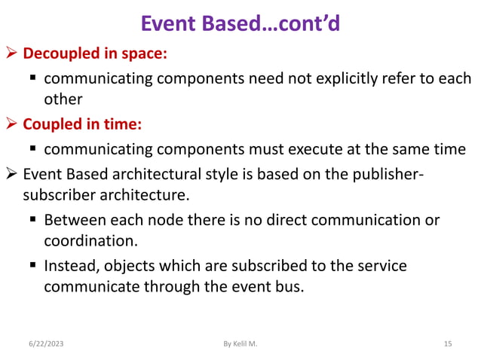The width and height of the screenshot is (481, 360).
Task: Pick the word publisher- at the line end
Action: tap(385, 175)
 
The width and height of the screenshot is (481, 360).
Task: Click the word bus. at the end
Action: tap(289, 287)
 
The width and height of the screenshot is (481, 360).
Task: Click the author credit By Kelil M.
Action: tap(240, 344)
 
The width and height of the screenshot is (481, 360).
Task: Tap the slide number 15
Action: tap(447, 344)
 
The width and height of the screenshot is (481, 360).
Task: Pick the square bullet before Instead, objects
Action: tap(34, 266)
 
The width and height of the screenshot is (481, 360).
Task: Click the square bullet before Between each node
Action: tap(34, 221)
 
